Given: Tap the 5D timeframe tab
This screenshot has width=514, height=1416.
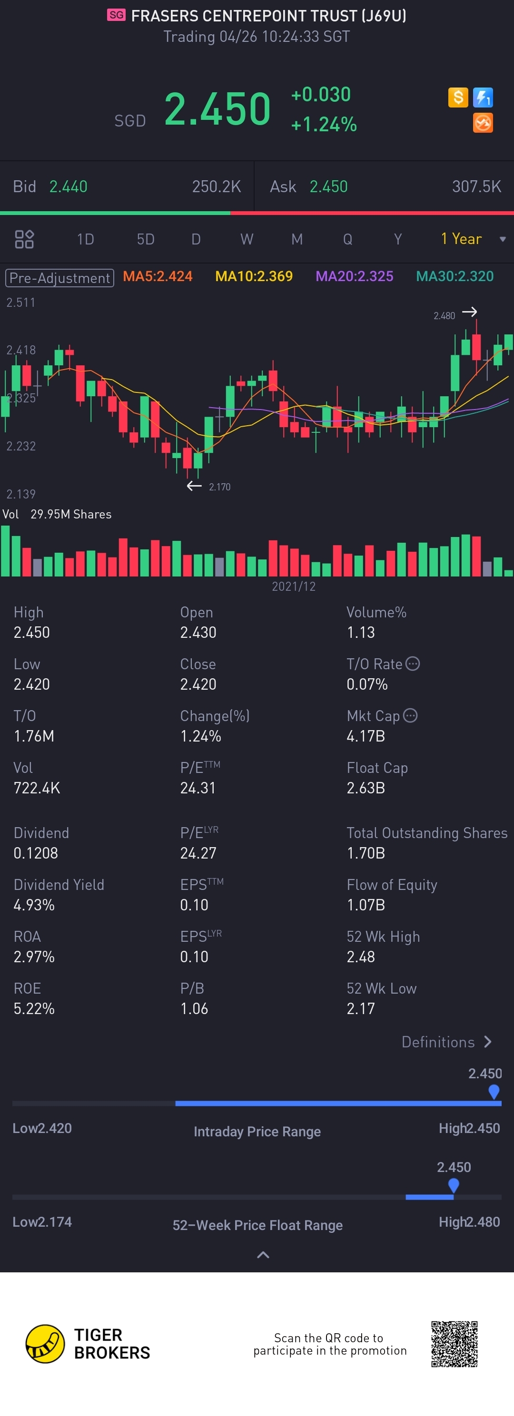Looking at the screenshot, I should pos(145,239).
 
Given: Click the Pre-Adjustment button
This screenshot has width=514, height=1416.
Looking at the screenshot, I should pos(59,278).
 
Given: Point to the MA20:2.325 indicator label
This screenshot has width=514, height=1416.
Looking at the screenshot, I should pos(354,276).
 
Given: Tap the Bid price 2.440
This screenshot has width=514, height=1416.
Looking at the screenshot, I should pos(68,187).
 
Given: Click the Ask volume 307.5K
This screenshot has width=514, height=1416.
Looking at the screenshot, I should pos(476,187).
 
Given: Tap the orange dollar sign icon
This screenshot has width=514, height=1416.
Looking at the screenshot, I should pos(458,98).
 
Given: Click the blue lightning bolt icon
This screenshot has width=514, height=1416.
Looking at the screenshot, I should pos(483,98).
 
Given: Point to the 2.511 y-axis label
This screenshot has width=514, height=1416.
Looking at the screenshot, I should pos(21,303).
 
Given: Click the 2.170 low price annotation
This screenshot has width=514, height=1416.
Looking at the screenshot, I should pos(219,487).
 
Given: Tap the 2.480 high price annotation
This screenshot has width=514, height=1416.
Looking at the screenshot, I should pos(444,315).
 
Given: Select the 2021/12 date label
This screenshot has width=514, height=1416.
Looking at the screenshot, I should pos(294,586).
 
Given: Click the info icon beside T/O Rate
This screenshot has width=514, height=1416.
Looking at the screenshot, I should pos(412,664).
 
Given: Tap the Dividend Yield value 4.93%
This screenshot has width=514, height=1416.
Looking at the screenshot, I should pos(34,905).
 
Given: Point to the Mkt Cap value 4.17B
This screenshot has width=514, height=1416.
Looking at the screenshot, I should pos(366,736).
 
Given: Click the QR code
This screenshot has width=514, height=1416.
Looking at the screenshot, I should pos(454,1344).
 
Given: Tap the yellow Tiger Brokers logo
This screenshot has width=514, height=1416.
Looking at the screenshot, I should pos(45,1344).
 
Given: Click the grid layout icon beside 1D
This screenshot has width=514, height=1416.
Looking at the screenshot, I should pos(24,239).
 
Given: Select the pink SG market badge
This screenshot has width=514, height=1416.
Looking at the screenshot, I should pos(116,15).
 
